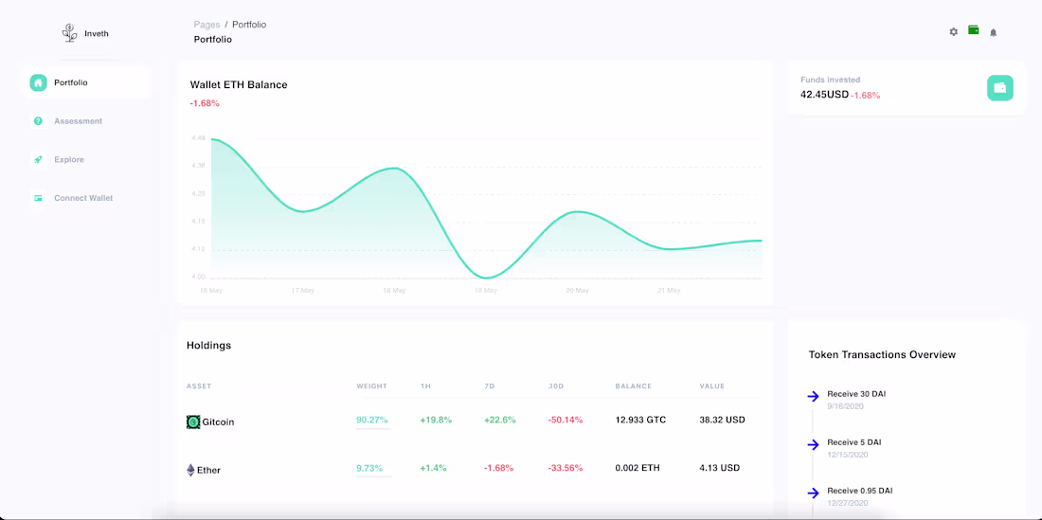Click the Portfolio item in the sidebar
click(70, 82)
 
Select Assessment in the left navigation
click(77, 121)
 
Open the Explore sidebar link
click(68, 160)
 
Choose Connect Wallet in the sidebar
click(82, 198)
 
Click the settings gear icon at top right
click(953, 32)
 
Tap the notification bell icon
click(993, 32)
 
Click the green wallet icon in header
click(973, 30)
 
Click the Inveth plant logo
click(70, 33)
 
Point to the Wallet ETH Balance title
click(239, 84)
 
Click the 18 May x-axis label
click(394, 291)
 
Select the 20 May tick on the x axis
click(577, 291)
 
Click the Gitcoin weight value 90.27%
click(373, 420)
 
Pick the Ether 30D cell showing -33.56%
click(565, 468)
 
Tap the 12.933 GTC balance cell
click(640, 420)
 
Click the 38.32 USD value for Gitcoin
click(722, 420)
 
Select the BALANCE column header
click(633, 386)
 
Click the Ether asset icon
click(190, 470)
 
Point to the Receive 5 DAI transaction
click(853, 442)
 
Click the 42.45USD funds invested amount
click(824, 94)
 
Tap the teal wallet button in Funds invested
click(999, 88)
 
